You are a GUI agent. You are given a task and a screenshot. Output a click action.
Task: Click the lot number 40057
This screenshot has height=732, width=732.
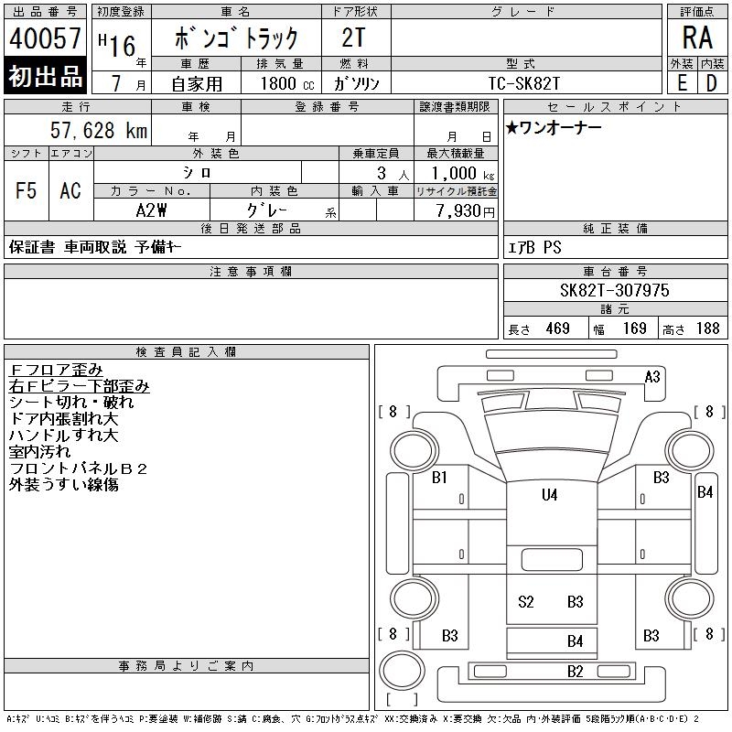(46, 39)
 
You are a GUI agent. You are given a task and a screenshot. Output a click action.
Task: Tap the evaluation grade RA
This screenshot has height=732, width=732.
(696, 38)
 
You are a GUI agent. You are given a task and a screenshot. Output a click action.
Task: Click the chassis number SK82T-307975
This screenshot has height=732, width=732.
(615, 290)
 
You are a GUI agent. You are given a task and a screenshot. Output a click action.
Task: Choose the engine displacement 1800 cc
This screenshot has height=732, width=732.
(280, 82)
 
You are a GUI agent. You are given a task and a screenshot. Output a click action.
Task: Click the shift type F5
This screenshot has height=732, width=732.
(27, 190)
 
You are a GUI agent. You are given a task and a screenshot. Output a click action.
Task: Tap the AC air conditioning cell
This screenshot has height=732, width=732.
(70, 190)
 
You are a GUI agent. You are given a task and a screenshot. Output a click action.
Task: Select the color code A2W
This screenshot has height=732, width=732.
(151, 210)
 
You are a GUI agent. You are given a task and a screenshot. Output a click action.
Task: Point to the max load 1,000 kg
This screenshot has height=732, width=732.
(457, 173)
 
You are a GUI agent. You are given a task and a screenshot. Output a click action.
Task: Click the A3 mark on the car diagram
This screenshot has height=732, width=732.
(652, 376)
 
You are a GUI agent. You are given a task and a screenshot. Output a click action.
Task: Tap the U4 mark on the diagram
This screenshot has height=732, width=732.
(549, 495)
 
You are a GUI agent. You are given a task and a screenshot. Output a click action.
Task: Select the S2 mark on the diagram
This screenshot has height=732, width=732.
(525, 601)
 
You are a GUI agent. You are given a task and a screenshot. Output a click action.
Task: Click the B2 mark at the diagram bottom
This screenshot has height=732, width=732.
(575, 671)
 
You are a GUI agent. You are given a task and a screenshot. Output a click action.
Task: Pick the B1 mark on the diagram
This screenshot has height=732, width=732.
(439, 477)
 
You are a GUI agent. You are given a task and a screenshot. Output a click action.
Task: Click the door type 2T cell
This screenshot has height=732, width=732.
(356, 38)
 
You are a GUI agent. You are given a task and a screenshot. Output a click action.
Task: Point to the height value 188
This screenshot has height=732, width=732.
(707, 328)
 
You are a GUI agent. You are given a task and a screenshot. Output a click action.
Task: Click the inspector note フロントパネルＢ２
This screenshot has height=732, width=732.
(78, 468)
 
